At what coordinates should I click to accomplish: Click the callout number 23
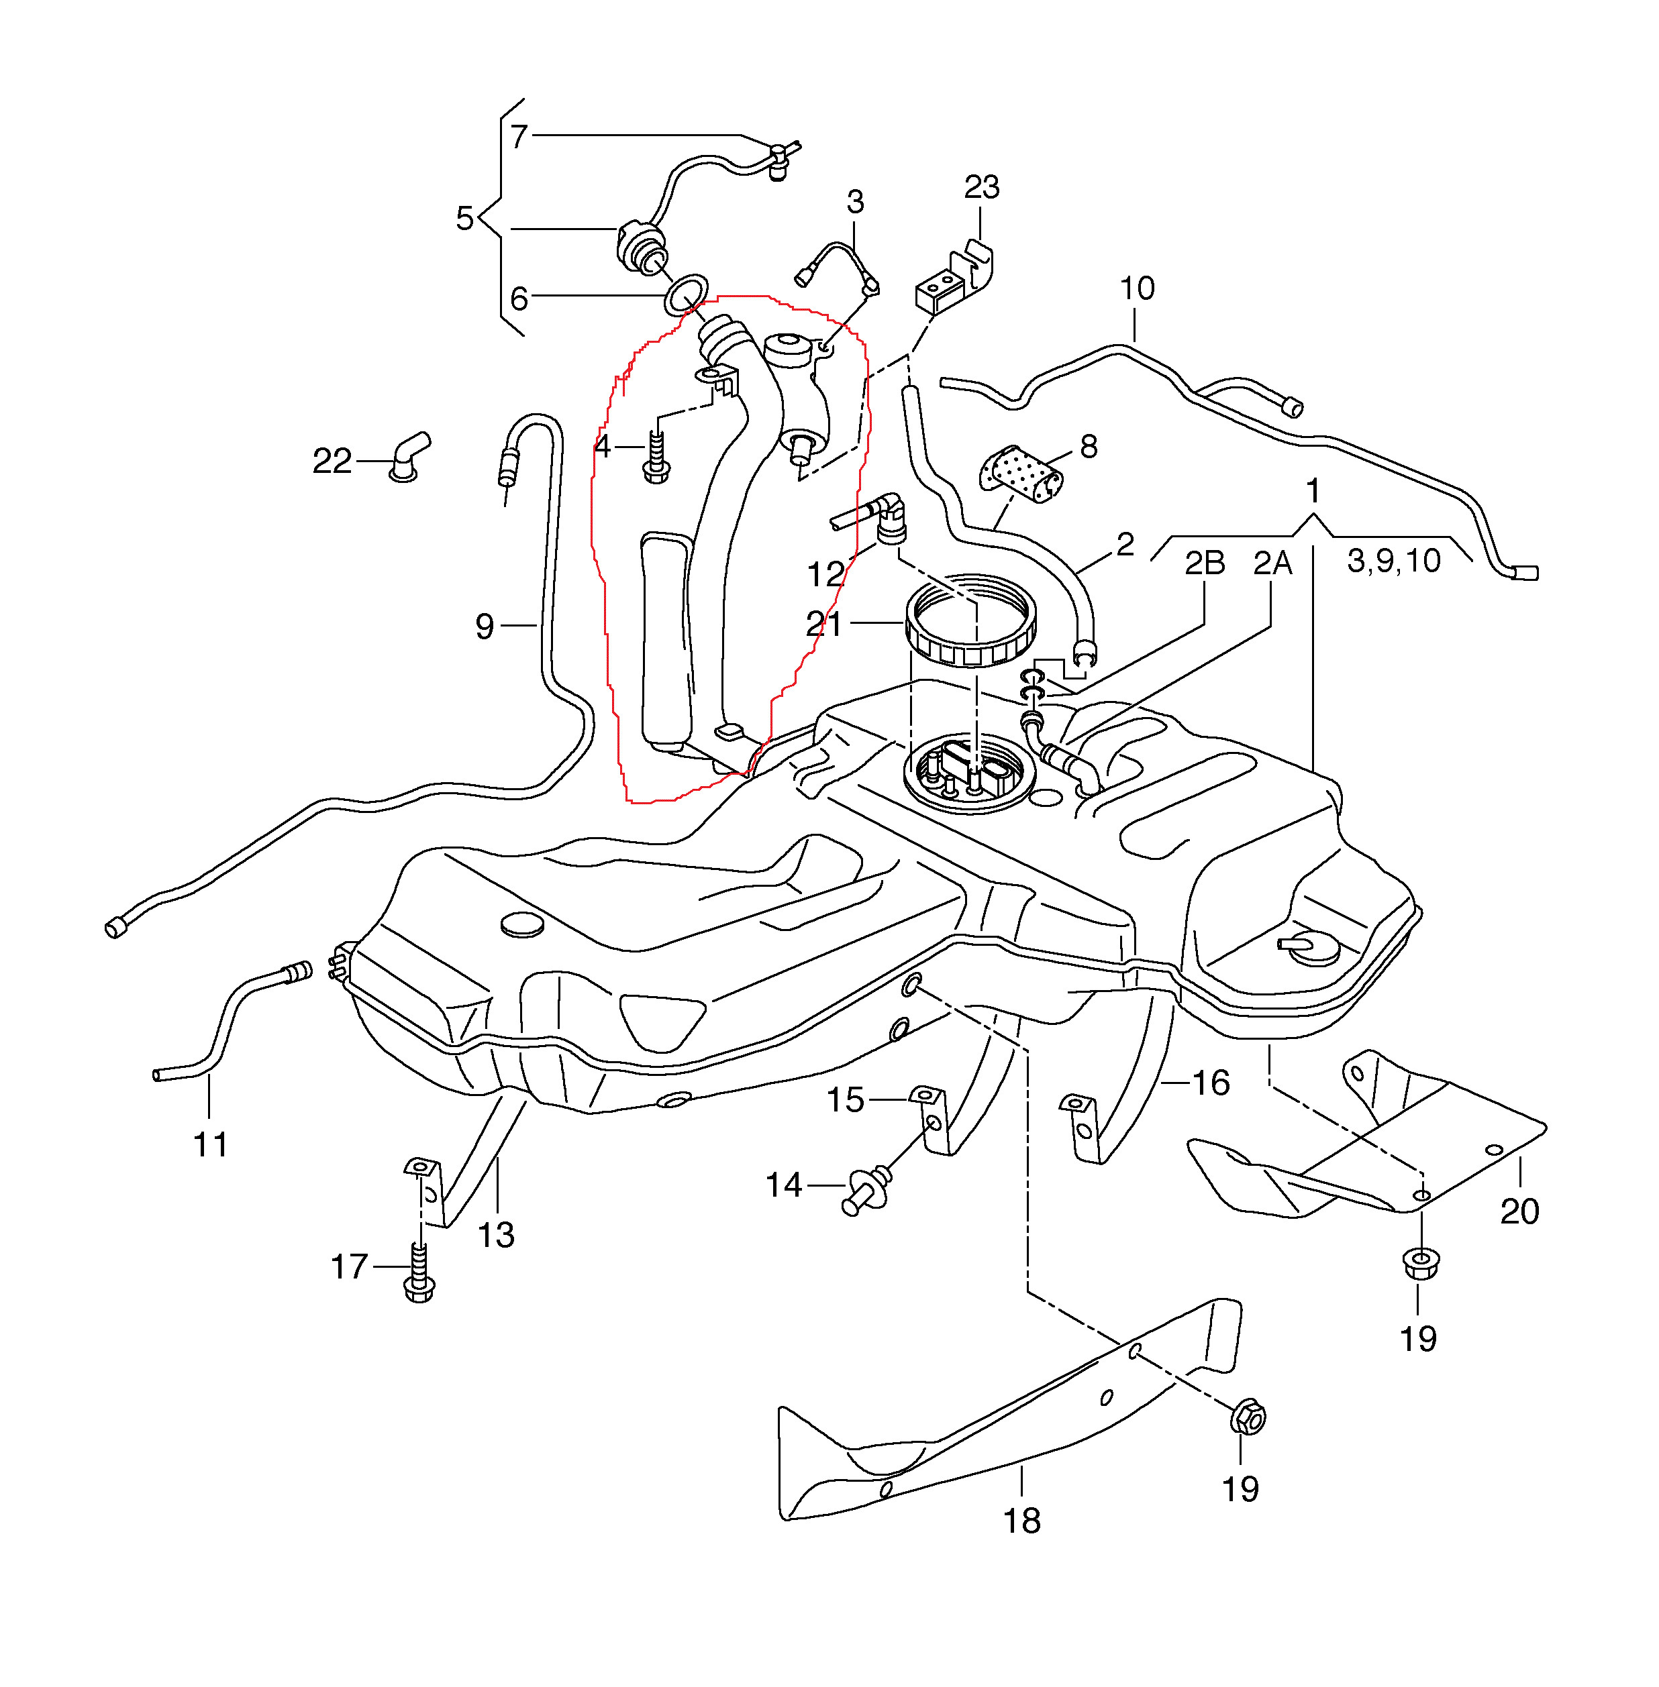click(982, 187)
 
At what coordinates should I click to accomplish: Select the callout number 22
click(332, 461)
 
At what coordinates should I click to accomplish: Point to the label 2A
click(1272, 563)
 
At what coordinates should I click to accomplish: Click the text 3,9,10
click(1393, 561)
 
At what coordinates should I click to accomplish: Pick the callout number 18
click(1022, 1521)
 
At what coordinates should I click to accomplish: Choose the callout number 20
click(1519, 1211)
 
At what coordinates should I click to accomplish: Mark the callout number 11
click(210, 1144)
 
